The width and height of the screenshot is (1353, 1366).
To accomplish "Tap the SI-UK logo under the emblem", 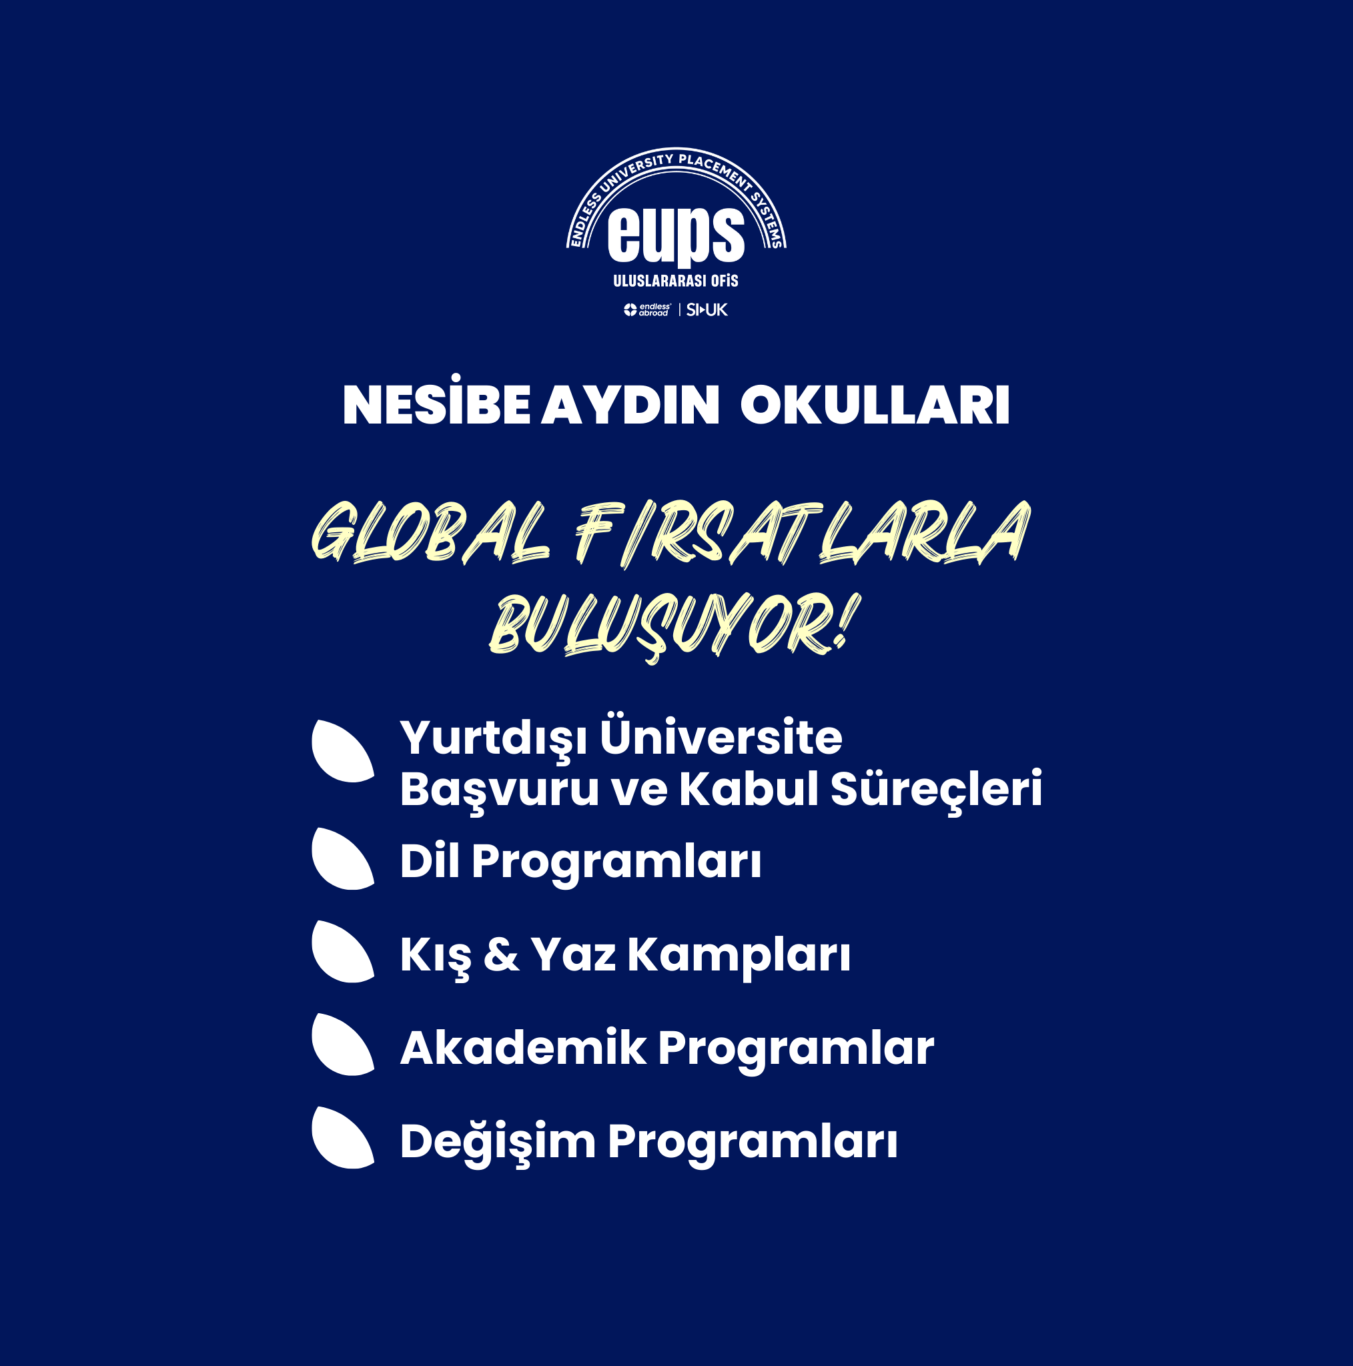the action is tap(707, 309).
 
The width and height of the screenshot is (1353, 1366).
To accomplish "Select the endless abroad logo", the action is tap(647, 309).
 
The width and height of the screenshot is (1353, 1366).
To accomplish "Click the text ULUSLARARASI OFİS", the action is tap(675, 281).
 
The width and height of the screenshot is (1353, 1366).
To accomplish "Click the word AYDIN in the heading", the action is tap(631, 406).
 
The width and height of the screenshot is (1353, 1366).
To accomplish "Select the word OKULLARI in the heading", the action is tap(875, 406).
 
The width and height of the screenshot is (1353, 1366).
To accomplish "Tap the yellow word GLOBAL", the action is tap(431, 531).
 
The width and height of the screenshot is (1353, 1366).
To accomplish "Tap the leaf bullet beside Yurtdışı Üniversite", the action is tap(342, 751).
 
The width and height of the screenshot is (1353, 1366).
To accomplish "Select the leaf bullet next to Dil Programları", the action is tap(342, 858).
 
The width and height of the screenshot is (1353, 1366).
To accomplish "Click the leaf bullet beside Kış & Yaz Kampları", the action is tap(342, 952).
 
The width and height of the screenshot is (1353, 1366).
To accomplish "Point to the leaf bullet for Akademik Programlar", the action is tap(342, 1045).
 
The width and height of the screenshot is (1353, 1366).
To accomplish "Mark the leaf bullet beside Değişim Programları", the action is tap(342, 1138).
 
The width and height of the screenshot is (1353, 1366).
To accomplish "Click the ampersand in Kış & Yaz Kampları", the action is tap(501, 954).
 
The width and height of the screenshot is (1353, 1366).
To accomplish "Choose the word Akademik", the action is tap(523, 1047).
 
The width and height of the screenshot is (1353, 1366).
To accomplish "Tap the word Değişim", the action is tap(498, 1143).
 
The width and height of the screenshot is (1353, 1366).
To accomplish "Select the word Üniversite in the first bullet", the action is tap(721, 736).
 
